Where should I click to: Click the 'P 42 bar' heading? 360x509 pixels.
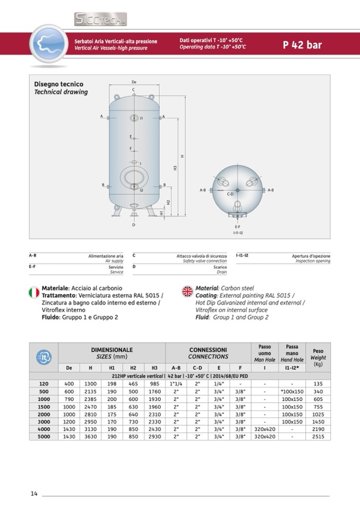303,45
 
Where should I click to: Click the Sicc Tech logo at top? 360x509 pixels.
100,20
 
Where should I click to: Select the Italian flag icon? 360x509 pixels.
33,291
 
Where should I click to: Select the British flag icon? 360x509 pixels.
187,291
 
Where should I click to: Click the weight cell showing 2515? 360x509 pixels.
318,436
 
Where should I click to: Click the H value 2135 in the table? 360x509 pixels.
90,392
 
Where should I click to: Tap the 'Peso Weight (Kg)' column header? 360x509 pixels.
318,358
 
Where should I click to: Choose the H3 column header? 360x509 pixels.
155,367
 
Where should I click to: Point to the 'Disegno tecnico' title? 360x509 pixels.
59,84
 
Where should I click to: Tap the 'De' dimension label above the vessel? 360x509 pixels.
134,82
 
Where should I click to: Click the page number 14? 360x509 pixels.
33,494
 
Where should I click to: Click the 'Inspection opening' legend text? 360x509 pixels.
312,261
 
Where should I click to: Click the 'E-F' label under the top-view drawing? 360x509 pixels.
237,227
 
